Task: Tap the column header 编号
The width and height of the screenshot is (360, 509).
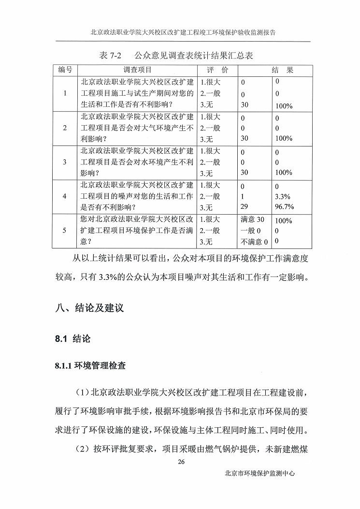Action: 65,70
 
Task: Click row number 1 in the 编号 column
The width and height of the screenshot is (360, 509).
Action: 65,93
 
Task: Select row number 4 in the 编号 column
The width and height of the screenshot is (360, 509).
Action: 65,196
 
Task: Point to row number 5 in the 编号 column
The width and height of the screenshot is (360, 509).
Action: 65,231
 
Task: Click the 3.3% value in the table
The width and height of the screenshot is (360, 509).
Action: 282,197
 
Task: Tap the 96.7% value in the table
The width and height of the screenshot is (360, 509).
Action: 284,207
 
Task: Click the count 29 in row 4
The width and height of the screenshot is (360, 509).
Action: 244,207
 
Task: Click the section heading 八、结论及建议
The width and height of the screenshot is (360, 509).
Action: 90,307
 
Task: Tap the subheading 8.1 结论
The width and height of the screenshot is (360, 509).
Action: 72,338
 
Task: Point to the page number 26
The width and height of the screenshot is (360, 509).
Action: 181,461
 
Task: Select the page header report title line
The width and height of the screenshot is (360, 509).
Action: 183,32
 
